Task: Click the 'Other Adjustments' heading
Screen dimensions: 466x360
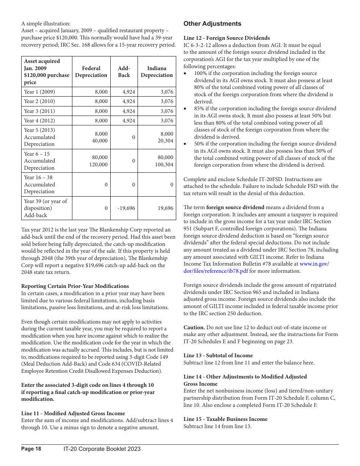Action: (212, 24)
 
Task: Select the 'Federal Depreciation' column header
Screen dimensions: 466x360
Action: (91, 72)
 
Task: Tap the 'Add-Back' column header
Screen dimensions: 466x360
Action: (124, 72)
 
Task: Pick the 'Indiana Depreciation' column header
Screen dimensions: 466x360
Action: (157, 72)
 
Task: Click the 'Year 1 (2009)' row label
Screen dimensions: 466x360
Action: (39, 92)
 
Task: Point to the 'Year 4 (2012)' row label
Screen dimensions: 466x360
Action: (39, 120)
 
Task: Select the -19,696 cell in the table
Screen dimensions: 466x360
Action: (126, 208)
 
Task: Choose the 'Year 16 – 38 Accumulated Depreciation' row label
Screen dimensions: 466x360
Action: (39, 185)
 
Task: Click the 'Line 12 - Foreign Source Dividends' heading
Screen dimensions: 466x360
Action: (227, 38)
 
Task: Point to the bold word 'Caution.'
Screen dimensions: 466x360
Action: (194, 327)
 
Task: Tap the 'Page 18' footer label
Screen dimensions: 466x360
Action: (31, 449)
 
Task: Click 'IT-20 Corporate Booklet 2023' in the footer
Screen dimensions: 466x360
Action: (102, 449)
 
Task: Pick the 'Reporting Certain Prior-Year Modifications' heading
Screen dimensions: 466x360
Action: (75, 286)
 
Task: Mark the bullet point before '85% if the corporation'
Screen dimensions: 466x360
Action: (185, 109)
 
